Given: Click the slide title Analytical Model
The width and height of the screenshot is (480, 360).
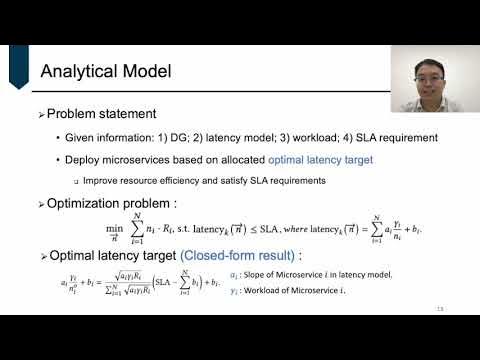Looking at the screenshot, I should [x=105, y=72].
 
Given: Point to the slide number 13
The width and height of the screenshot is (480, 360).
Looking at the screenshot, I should [x=466, y=308].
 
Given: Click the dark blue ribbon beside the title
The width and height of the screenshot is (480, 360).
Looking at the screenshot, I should [x=18, y=66].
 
